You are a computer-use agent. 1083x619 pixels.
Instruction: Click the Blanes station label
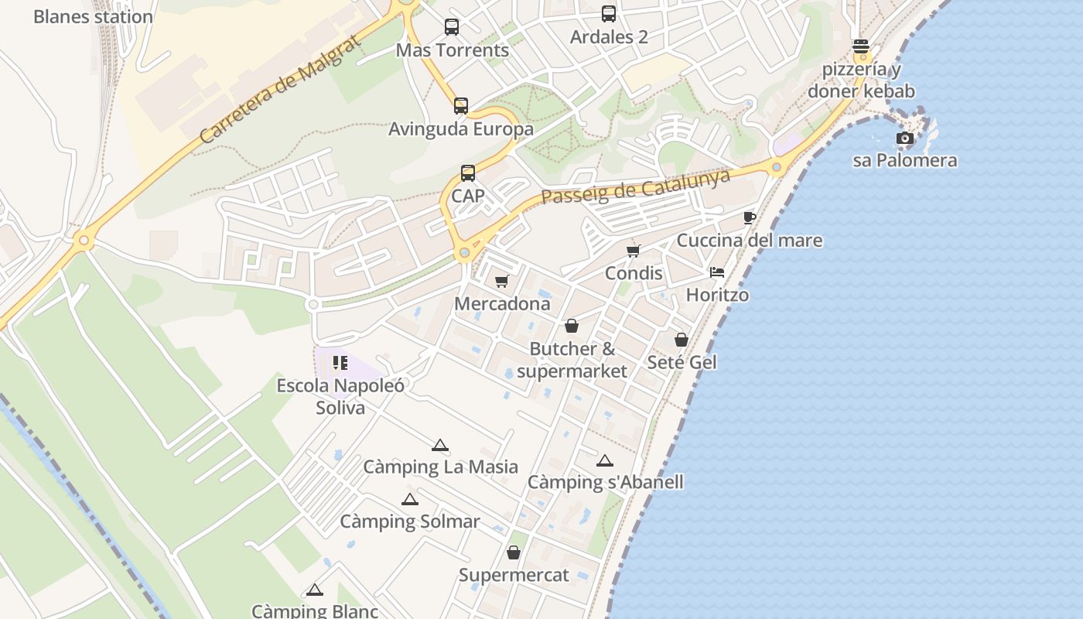point(93,16)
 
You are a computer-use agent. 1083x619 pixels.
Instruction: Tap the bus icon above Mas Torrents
point(452,27)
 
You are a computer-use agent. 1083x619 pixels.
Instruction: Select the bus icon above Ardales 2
point(609,14)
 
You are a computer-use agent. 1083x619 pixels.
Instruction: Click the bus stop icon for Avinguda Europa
point(461,106)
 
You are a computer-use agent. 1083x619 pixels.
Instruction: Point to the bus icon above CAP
point(468,173)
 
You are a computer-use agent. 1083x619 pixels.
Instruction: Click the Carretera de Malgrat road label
point(280,89)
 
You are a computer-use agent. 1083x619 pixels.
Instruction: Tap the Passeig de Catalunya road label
point(636,186)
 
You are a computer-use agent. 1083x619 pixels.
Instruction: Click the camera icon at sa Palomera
point(904,139)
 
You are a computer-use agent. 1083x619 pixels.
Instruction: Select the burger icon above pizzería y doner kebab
point(861,46)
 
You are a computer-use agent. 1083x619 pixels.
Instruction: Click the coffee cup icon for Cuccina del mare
point(749,217)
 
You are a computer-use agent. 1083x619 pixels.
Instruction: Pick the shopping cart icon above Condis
point(634,251)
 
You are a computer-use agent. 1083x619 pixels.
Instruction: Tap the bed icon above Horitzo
point(717,272)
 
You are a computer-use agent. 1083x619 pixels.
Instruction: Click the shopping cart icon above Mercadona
point(502,281)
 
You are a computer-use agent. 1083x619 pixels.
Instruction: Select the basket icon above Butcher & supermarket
point(572,326)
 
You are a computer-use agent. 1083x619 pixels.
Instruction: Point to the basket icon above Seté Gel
point(682,340)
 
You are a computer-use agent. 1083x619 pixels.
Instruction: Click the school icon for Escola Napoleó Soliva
point(340,362)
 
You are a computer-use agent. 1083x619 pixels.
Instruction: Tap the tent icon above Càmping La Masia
point(440,445)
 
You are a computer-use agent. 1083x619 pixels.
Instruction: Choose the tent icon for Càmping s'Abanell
point(605,460)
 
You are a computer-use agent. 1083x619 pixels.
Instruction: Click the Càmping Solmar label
point(410,522)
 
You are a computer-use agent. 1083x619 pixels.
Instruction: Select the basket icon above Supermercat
point(514,552)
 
